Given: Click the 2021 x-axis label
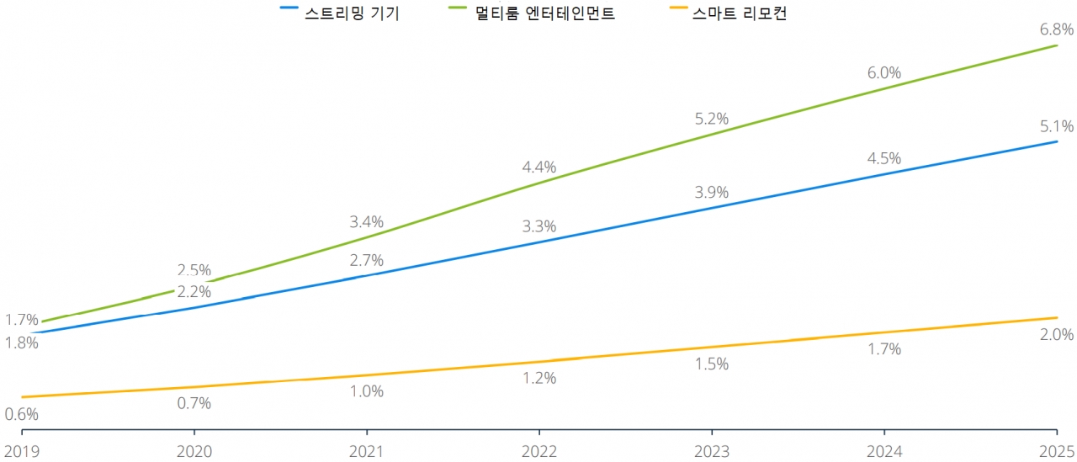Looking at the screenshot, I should point(366,452).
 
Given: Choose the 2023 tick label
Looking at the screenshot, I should point(711,452).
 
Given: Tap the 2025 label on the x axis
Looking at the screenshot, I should point(1057,452).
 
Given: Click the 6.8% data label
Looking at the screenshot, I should point(1057,29).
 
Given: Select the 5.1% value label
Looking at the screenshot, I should point(1057,127).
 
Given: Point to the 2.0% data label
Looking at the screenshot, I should point(1057,335).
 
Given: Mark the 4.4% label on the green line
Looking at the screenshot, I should point(538,167).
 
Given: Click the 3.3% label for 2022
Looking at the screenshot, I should point(538,226).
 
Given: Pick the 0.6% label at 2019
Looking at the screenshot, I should point(21,414).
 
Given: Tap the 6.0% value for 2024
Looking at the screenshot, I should point(884,73).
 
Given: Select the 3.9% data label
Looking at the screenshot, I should point(712,192).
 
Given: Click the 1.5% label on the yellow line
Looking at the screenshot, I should point(712,364).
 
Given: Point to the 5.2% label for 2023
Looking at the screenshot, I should point(712,119).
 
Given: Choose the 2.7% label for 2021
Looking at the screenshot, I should point(367,260).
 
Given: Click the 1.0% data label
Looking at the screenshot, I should point(367,391).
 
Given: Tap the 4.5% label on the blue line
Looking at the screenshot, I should point(884,158).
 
